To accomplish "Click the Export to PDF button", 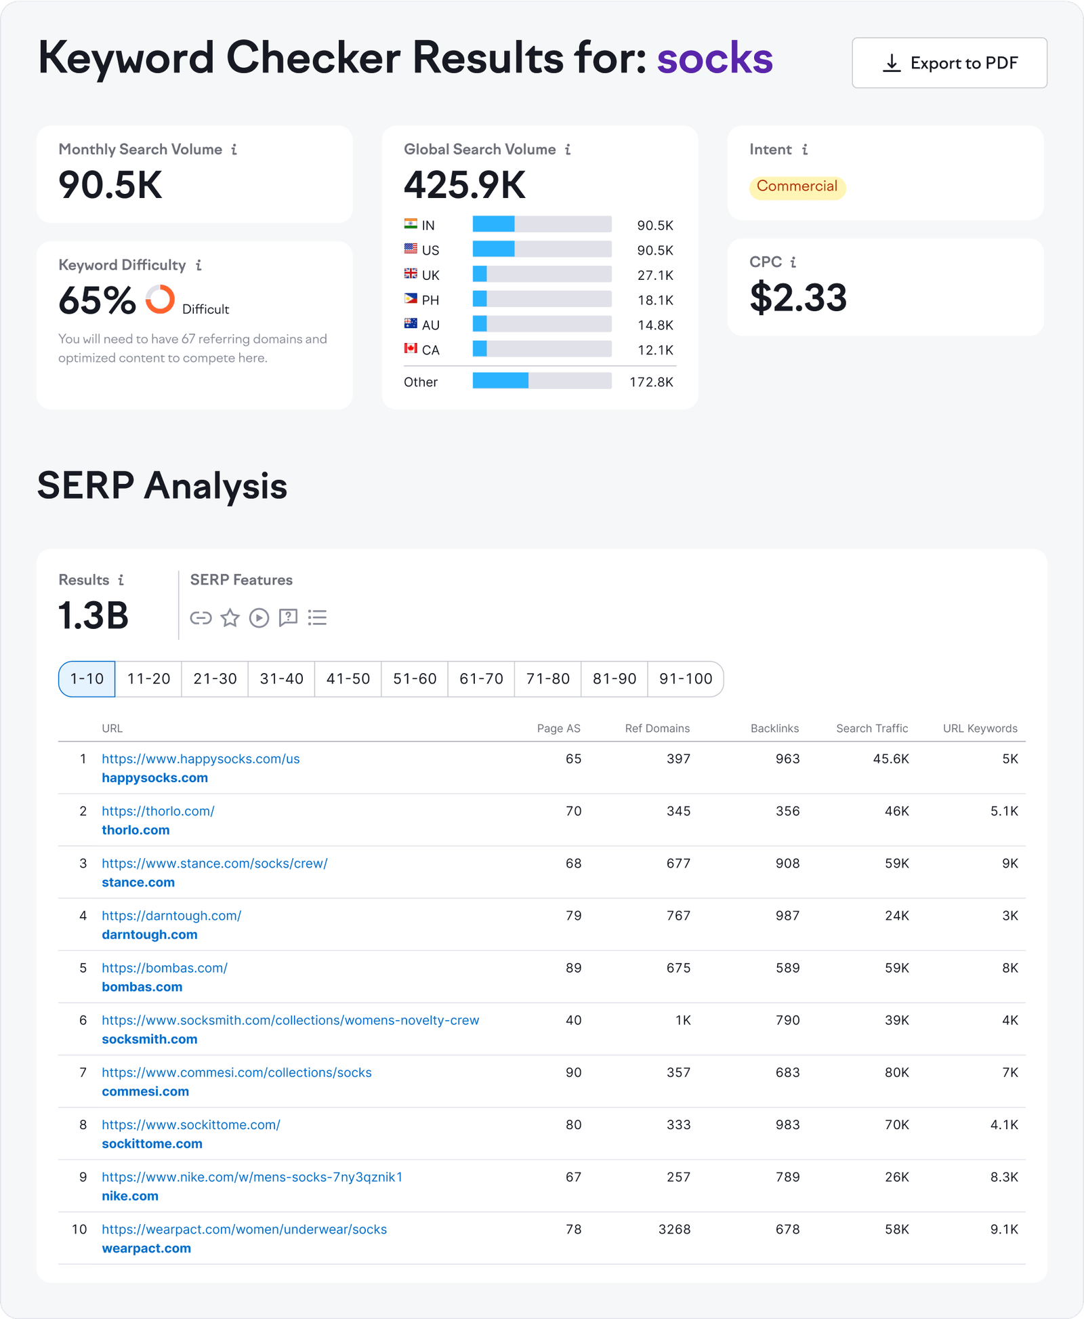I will click(x=948, y=63).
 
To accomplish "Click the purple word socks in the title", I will click(x=714, y=58).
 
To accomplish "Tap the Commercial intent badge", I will click(x=797, y=186).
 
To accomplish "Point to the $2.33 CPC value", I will click(x=798, y=298).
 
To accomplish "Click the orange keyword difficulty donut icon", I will click(x=161, y=299).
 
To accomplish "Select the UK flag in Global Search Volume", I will click(x=411, y=274).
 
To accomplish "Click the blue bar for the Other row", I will click(x=500, y=381).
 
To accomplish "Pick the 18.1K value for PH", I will click(x=654, y=300).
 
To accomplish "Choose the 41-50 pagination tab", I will click(x=348, y=678).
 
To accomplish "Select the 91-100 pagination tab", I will click(x=685, y=678).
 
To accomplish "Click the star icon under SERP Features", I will click(x=230, y=617).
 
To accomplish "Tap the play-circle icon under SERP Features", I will click(x=259, y=617).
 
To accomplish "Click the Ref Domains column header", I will click(x=656, y=728).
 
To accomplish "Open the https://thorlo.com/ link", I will click(x=158, y=811).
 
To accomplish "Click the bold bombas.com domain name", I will click(x=142, y=987).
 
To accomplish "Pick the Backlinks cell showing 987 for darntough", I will click(x=787, y=916).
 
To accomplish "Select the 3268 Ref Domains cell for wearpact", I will click(x=674, y=1229).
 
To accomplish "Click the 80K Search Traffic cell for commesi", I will click(x=896, y=1072).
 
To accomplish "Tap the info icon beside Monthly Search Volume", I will click(x=234, y=150).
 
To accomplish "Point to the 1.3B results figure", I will click(x=93, y=615).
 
